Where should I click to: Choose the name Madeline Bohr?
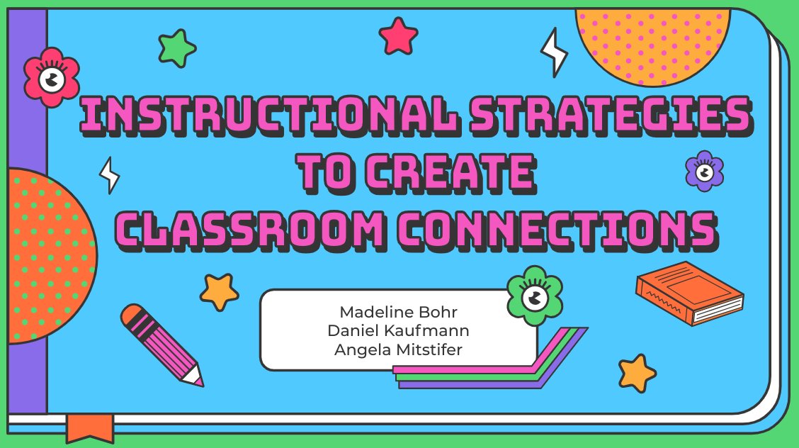(x=399, y=313)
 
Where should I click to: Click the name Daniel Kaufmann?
(x=399, y=330)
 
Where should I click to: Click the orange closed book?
(x=688, y=293)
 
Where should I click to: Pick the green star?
(x=176, y=48)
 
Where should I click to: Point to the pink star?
(x=398, y=36)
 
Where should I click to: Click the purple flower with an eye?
(x=704, y=171)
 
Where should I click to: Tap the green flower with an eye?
(x=535, y=291)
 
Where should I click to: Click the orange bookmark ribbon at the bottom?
(x=90, y=427)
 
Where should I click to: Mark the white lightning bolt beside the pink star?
(x=553, y=52)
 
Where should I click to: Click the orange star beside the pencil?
(x=219, y=291)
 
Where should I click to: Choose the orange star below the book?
(x=636, y=372)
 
